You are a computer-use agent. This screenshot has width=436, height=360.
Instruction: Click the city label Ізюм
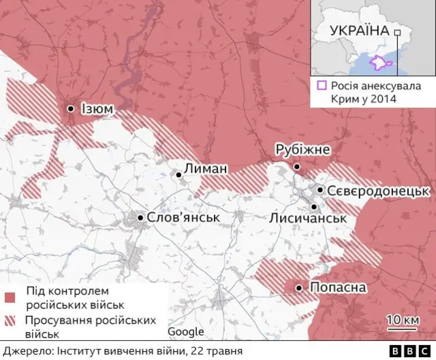pos(97,108)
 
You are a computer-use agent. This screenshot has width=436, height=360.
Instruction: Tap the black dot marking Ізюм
pos(71,108)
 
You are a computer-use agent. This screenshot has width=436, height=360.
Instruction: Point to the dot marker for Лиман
pos(179,175)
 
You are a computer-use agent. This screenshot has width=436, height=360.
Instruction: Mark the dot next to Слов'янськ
pos(140,218)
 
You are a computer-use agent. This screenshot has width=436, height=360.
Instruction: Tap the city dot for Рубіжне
pos(296,166)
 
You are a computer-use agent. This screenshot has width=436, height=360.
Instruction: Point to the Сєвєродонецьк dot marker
pos(320,190)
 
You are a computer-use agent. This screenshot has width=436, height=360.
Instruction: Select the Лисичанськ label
pos(308,218)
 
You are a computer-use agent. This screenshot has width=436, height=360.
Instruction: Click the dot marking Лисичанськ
pos(314,206)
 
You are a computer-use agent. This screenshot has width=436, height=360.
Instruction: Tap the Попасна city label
pos(338,288)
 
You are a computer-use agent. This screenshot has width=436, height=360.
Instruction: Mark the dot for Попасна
pos(298,289)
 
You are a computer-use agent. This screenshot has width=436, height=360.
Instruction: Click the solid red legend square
pos(10,297)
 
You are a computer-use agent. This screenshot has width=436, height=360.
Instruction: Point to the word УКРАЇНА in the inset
pos(359,31)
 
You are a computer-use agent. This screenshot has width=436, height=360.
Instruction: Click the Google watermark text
pos(186,331)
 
